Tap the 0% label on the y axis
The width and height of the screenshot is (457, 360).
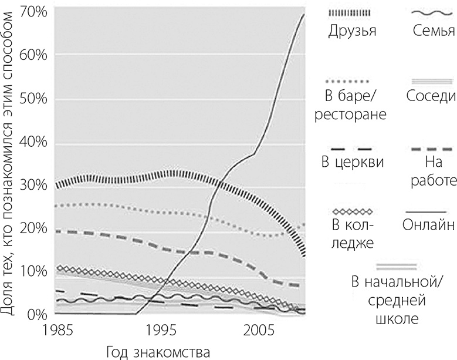pyautogui.click(x=36, y=315)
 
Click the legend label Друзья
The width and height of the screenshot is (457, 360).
pyautogui.click(x=351, y=30)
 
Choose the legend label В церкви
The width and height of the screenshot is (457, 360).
pyautogui.click(x=353, y=161)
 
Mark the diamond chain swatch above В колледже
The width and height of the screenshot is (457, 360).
pyautogui.click(x=352, y=210)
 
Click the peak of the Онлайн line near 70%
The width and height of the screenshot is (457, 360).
pyautogui.click(x=303, y=14)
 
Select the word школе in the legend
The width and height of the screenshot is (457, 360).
pyautogui.click(x=397, y=319)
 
